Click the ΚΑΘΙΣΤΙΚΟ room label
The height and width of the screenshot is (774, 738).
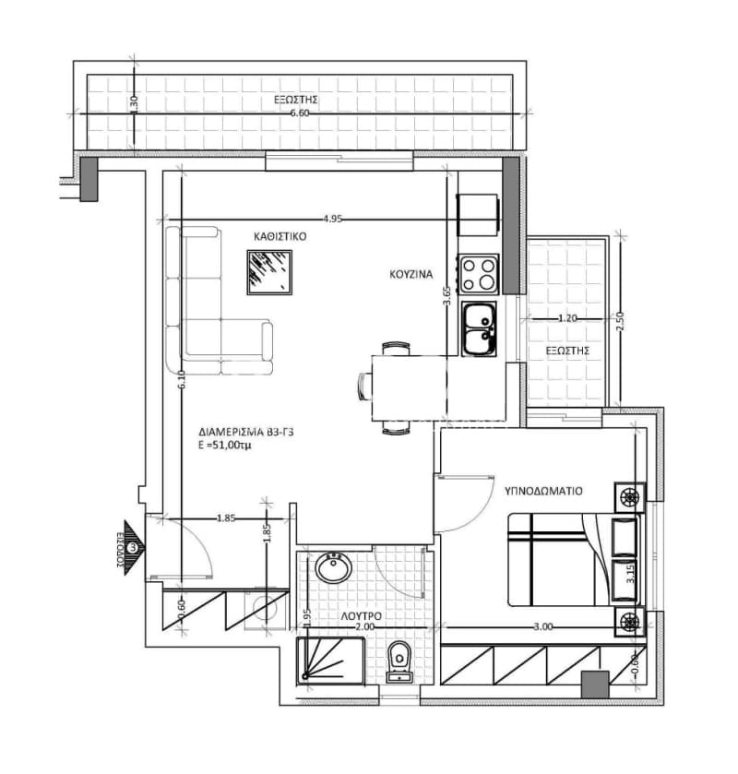coord(280,236)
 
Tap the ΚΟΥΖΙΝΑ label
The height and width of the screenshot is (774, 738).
coord(411,275)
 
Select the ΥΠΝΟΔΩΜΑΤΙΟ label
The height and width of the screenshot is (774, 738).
coord(543,491)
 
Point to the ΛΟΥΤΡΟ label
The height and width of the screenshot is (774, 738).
coord(362,616)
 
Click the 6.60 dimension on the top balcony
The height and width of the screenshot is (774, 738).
coord(300,113)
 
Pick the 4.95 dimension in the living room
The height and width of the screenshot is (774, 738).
coord(333,220)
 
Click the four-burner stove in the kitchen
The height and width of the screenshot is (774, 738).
coord(478,273)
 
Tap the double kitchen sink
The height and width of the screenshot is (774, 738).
coord(479,329)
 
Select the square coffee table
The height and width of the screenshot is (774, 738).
coord(269,272)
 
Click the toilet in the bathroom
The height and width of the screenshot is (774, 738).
coord(399,662)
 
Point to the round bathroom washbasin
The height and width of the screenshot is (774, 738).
coord(334,567)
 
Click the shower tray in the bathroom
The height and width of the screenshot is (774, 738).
coord(330,661)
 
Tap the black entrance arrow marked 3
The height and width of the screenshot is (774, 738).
coord(133,547)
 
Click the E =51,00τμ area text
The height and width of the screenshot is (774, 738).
coord(223,446)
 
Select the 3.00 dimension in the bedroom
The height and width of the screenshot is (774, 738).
coord(543,627)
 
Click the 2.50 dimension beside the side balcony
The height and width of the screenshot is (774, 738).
coord(621,321)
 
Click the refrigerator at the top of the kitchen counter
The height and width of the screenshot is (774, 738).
coord(477,215)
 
